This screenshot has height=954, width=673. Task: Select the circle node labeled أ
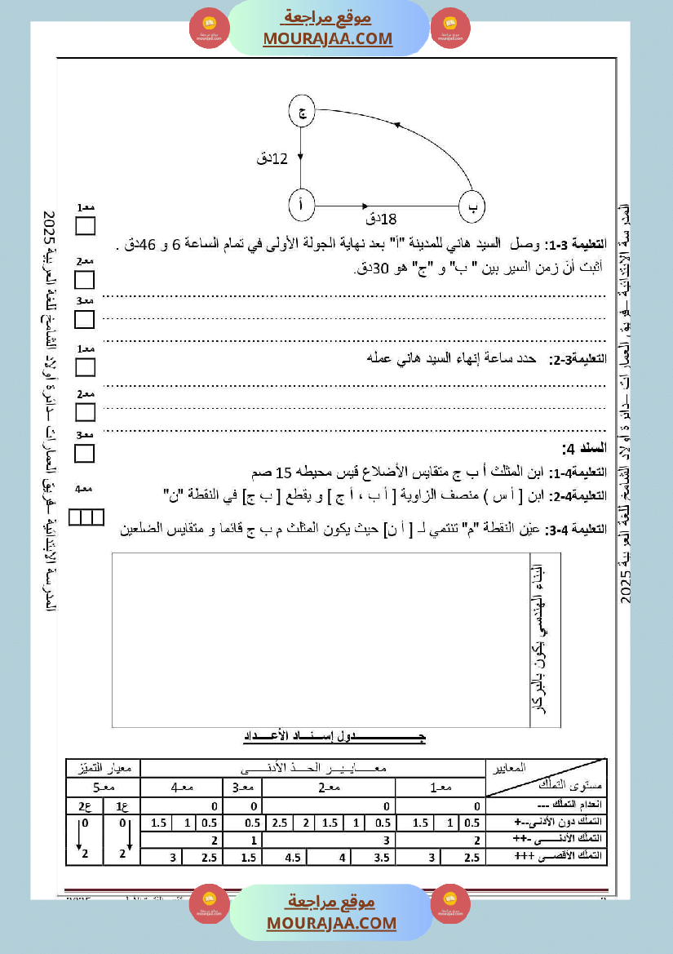pos(302,206)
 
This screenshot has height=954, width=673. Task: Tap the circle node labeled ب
pos(473,206)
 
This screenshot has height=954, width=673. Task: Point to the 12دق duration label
pos(272,158)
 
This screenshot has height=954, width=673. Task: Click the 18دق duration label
pos(381,219)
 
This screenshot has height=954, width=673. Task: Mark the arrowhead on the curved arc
pos(397,124)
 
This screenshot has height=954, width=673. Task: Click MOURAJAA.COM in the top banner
pos(327,38)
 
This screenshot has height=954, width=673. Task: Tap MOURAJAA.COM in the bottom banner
pos(331,923)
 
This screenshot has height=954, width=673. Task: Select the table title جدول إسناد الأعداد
pos(335,737)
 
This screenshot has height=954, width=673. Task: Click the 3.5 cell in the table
pos(379,857)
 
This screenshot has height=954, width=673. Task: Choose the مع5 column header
pos(103,788)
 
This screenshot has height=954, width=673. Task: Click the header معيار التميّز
pos(103,768)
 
